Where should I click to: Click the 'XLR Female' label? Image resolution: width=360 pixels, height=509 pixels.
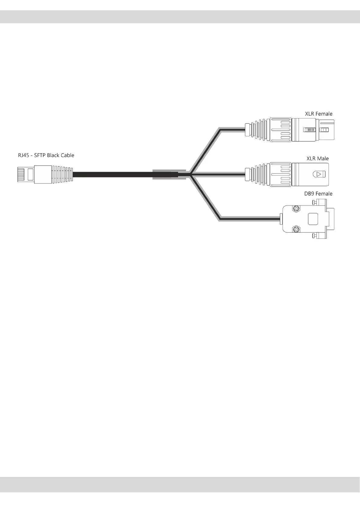pos(319,114)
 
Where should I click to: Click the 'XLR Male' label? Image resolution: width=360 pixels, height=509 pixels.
pos(317,158)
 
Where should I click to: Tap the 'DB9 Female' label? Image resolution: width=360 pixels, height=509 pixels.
pos(318,194)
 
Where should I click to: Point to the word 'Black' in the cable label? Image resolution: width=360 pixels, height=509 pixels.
pos(53,155)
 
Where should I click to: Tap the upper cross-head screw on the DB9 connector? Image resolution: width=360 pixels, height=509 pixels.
pos(296,209)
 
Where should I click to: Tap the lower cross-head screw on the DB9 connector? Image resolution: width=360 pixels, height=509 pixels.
pos(296,230)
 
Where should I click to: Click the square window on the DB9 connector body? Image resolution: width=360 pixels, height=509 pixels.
pos(313,219)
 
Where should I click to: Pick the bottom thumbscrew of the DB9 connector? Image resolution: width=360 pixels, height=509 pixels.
pos(316,235)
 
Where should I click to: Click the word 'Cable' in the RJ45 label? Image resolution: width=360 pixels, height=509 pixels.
pos(67,155)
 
